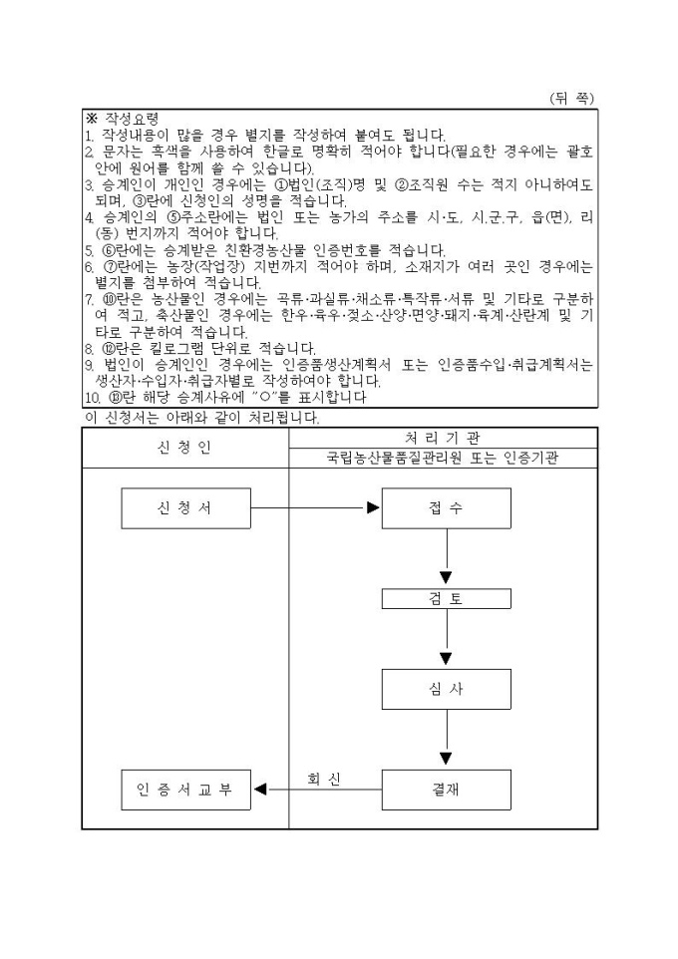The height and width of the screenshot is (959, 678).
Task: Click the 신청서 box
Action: tap(186, 508)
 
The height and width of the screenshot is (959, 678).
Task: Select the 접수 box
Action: tap(447, 508)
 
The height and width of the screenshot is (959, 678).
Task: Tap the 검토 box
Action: tap(447, 599)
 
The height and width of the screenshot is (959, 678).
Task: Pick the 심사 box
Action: tap(447, 689)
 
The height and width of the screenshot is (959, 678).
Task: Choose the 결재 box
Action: tap(447, 790)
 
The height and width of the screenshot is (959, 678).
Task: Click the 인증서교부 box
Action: tap(186, 790)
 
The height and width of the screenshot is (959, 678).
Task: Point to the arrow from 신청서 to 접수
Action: tap(316, 507)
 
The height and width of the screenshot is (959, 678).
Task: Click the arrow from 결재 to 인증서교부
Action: tap(318, 790)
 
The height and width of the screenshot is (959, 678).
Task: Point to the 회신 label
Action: tap(324, 779)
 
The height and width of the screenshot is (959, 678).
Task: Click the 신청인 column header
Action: tap(184, 448)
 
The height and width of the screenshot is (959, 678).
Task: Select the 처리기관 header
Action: tap(443, 438)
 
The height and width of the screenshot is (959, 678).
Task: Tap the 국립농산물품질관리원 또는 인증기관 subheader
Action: tap(443, 459)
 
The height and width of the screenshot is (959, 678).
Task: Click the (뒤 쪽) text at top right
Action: tap(571, 98)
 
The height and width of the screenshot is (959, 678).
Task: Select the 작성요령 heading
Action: tap(133, 118)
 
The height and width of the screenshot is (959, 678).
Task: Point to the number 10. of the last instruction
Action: tap(92, 398)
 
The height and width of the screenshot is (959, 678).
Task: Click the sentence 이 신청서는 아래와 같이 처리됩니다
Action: tap(202, 419)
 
